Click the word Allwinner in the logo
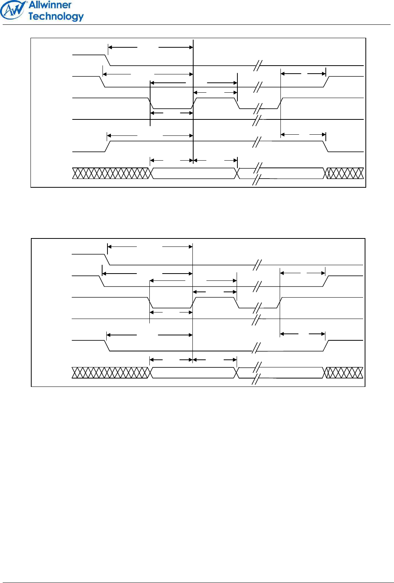50,5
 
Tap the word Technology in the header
56,16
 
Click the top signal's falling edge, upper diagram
108,60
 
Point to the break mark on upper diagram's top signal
258,66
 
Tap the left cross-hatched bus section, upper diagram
111,173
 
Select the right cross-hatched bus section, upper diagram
344,173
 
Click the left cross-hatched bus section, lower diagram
110,373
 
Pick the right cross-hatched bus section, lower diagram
343,373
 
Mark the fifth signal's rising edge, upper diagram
107,146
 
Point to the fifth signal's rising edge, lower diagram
325,346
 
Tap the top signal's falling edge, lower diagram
107,259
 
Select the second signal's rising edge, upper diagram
327,82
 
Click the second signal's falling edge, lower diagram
102,281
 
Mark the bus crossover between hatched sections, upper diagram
238,174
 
